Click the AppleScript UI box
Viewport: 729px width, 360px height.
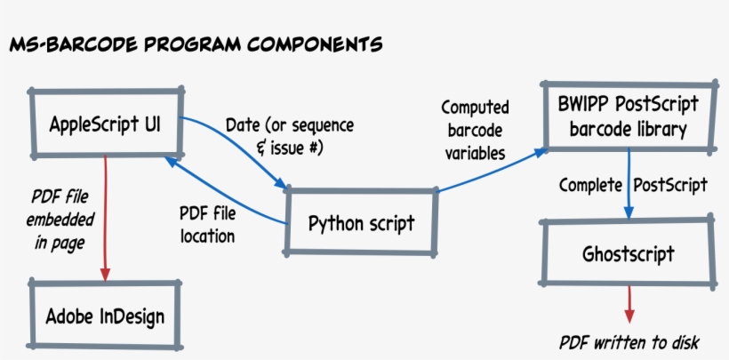pyautogui.click(x=105, y=121)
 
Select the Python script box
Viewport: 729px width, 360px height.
pyautogui.click(x=361, y=222)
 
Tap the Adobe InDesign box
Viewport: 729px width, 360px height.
pyautogui.click(x=105, y=315)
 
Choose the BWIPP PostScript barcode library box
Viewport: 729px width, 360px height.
pyautogui.click(x=628, y=116)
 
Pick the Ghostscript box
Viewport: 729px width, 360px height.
pyautogui.click(x=628, y=254)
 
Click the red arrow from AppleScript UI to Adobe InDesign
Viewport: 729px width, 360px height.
pyautogui.click(x=106, y=213)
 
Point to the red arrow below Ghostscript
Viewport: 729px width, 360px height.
pyautogui.click(x=629, y=304)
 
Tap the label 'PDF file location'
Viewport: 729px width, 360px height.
pyautogui.click(x=207, y=226)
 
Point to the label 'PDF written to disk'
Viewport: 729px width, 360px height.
pyautogui.click(x=629, y=342)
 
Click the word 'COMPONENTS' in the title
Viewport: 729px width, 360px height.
pyautogui.click(x=311, y=42)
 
